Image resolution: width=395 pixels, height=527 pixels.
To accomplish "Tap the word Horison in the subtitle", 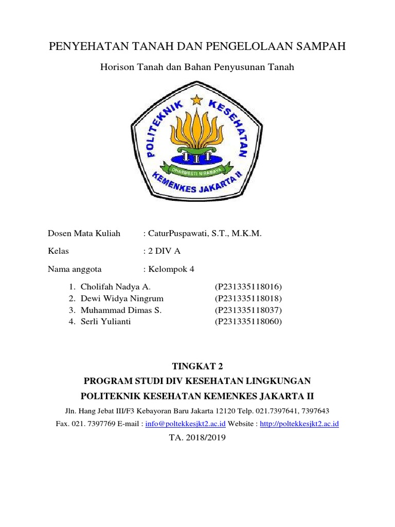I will tap(116, 67).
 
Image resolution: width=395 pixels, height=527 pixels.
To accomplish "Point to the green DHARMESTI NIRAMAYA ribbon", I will tap(197, 166).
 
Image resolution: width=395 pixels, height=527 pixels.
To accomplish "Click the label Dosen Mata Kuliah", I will tap(84, 234).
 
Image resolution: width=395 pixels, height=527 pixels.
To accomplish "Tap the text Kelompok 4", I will tap(171, 269).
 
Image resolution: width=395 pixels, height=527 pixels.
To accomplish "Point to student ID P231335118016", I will tap(249, 287).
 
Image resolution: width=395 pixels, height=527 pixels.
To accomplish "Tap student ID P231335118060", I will tap(249, 322).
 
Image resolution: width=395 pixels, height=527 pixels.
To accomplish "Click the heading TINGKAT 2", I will tap(197, 366).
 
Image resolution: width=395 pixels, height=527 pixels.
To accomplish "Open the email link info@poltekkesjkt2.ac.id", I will tap(186, 424).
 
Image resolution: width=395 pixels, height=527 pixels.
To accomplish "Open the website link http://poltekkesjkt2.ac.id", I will tap(299, 424).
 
